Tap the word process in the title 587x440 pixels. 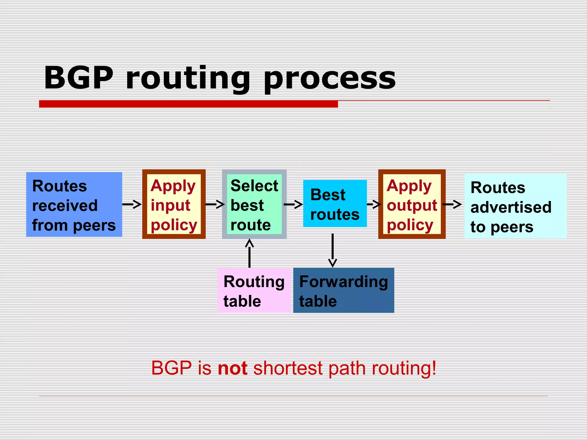pos(330,79)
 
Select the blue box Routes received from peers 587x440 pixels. pos(74,205)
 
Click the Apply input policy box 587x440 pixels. pos(174,204)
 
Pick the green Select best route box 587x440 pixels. pos(254,204)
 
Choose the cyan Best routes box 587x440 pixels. pos(335,204)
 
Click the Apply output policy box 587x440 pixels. pos(412,204)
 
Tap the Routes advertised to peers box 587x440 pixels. pos(515,206)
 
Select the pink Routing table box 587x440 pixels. pos(254,290)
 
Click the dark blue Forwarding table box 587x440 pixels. pos(343,290)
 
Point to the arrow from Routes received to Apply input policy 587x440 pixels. pos(132,204)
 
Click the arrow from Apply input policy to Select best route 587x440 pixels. pos(215,204)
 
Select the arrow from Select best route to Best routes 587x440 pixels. pos(293,204)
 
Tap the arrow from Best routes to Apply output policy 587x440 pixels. pos(374,204)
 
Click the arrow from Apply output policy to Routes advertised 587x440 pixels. pos(452,204)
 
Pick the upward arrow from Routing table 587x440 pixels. pos(249,254)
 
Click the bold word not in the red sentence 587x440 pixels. pos(232,368)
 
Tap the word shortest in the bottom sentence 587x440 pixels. pos(288,368)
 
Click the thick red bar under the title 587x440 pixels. pos(188,104)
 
